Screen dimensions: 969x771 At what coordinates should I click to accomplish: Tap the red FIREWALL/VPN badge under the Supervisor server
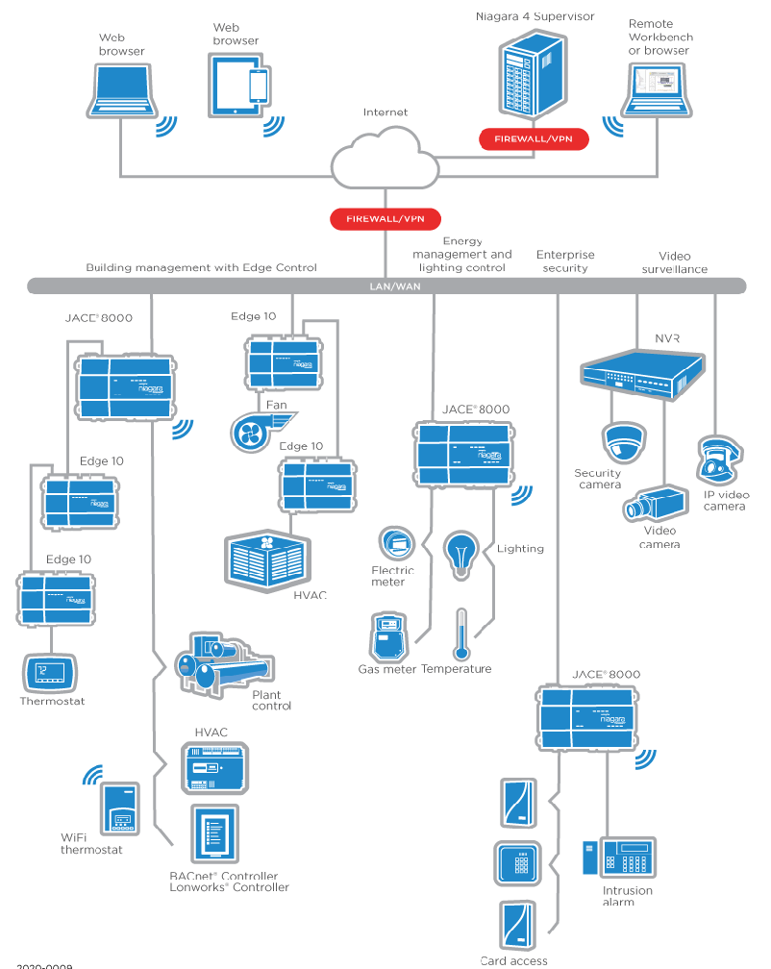coord(533,139)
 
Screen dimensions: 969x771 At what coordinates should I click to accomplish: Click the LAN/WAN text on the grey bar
coord(385,286)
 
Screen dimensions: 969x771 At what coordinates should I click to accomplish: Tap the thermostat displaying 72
coord(46,672)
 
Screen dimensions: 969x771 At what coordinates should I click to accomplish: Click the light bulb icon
coord(460,552)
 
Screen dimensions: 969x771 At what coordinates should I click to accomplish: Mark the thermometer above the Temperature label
coord(461,634)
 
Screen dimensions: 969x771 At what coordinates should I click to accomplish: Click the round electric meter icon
coord(394,544)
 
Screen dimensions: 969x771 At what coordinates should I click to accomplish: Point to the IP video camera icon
coord(718,461)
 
